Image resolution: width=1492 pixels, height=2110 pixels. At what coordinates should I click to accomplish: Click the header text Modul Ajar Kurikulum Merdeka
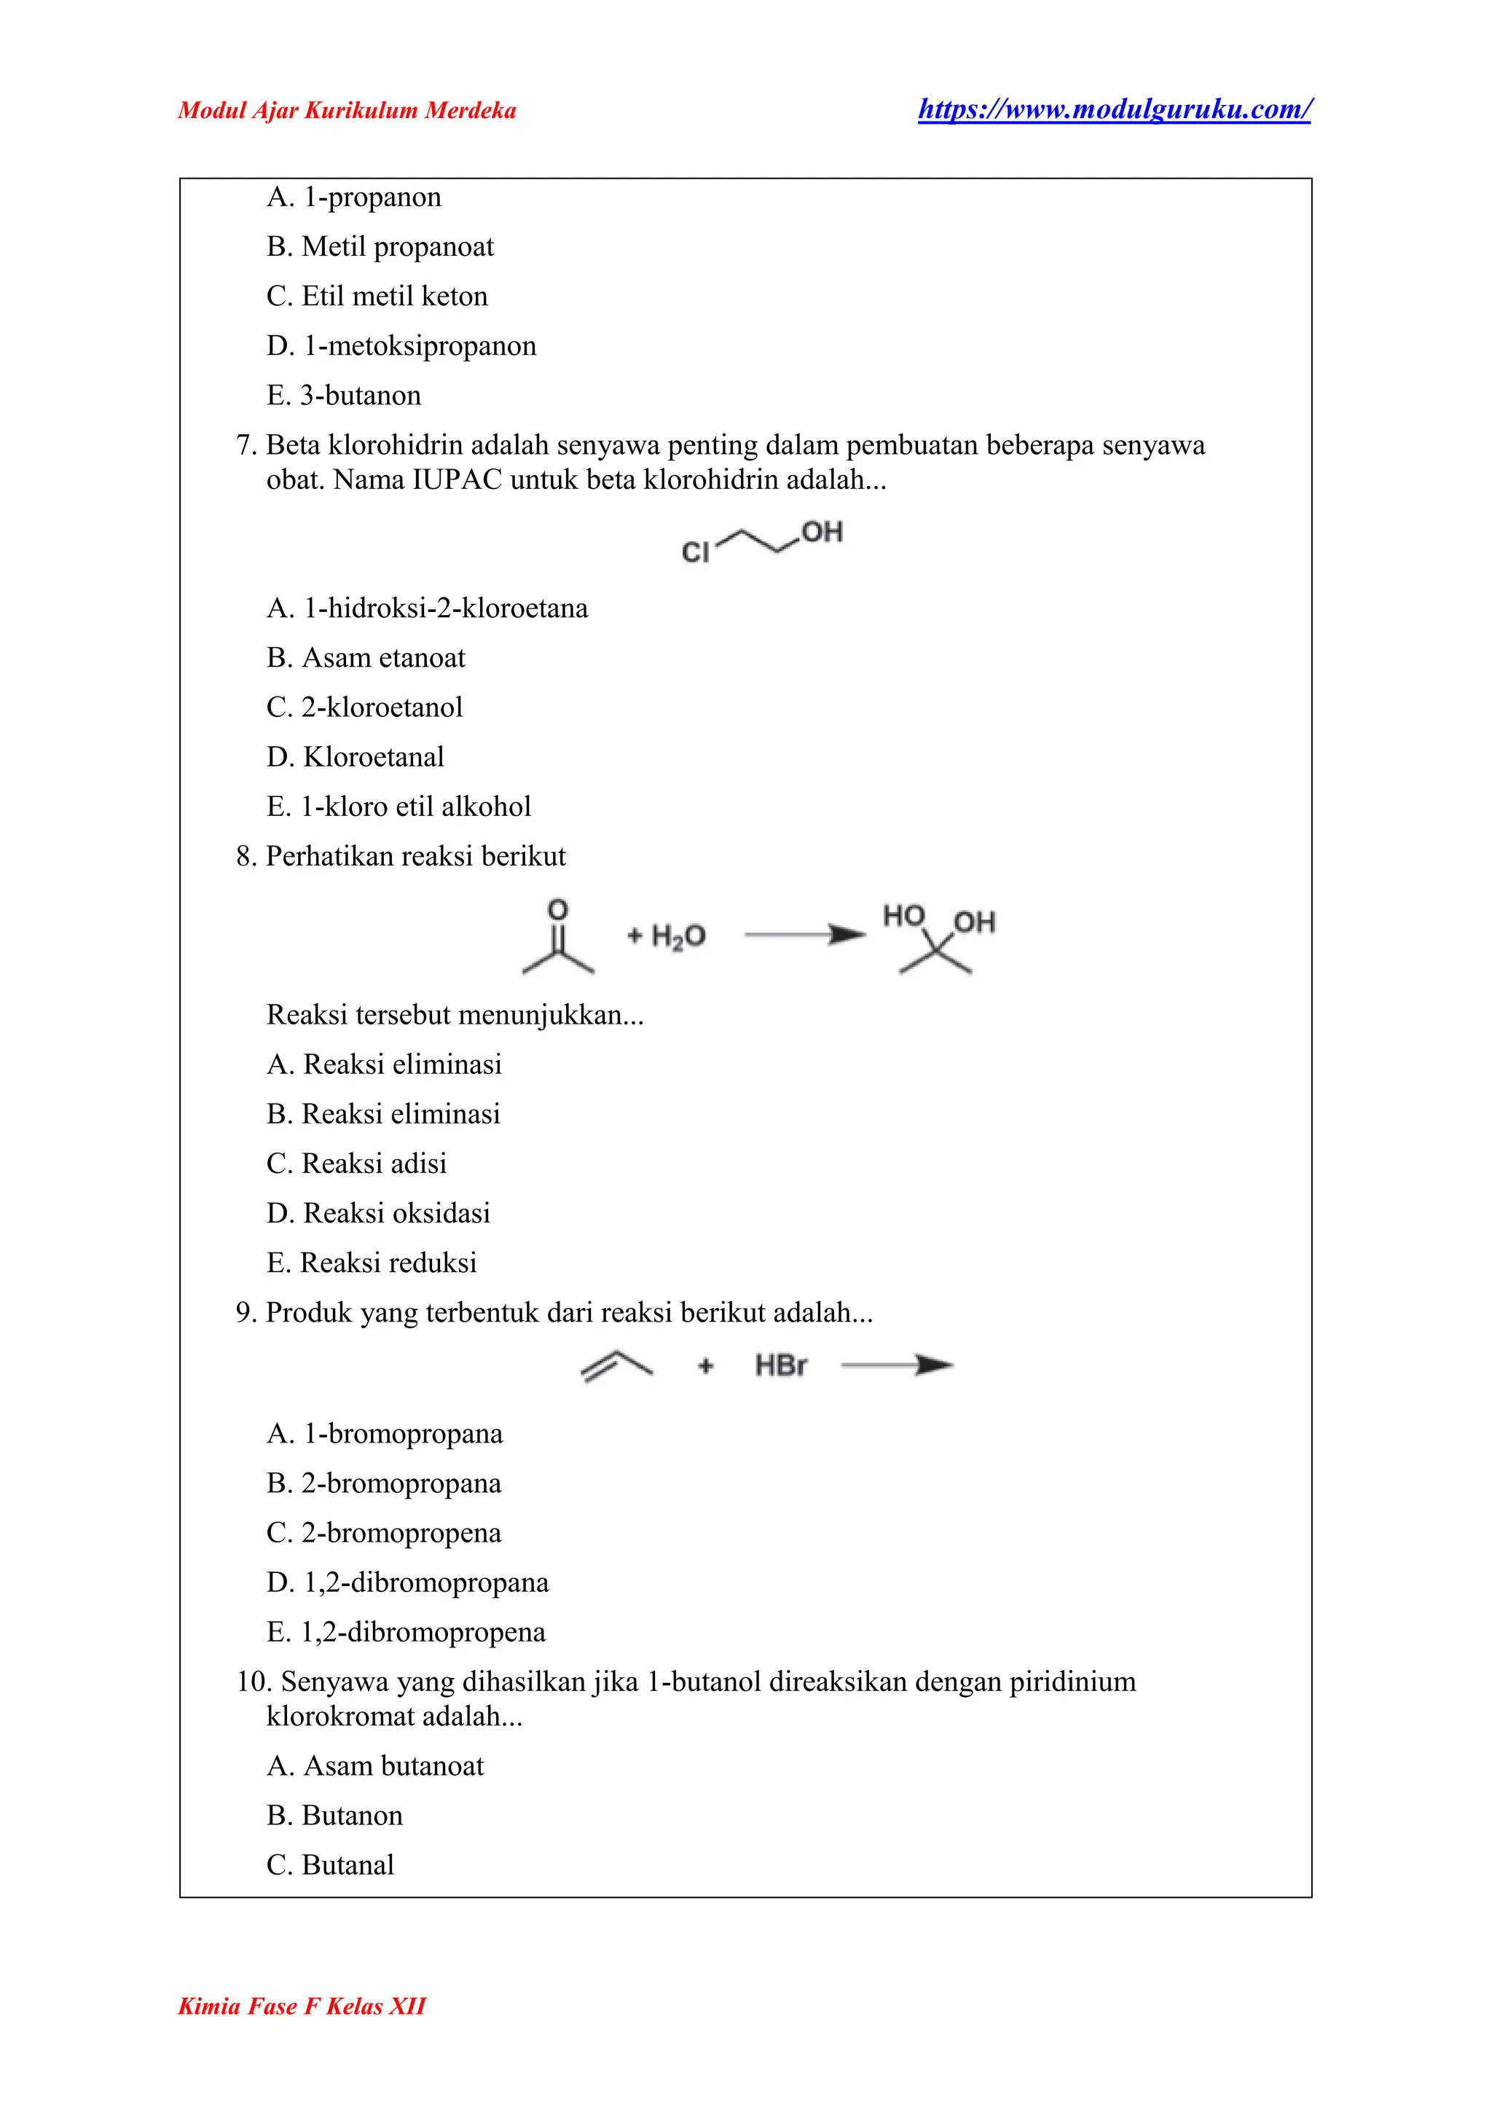[348, 111]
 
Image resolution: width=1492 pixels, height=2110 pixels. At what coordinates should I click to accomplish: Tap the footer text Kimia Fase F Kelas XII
[302, 2006]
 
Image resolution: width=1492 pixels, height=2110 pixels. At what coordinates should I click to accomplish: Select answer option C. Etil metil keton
[377, 297]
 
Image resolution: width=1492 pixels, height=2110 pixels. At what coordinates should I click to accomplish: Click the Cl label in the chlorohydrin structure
[696, 552]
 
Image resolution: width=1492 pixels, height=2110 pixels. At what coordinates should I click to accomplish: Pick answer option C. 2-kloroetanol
[365, 707]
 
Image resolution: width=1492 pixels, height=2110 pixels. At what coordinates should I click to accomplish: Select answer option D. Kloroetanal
[356, 757]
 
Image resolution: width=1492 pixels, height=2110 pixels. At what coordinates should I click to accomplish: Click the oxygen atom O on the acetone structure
[557, 910]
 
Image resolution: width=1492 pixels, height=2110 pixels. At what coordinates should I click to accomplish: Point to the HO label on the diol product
[904, 917]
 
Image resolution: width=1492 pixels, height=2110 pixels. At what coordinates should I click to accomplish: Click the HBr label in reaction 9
[781, 1365]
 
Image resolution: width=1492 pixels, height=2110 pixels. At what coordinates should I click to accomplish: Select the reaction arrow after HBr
[897, 1365]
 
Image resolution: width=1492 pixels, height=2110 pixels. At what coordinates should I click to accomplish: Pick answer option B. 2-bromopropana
[384, 1484]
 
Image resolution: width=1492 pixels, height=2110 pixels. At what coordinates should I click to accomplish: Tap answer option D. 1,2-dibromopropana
[408, 1583]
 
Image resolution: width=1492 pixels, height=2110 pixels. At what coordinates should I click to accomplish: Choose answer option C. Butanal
[331, 1865]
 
